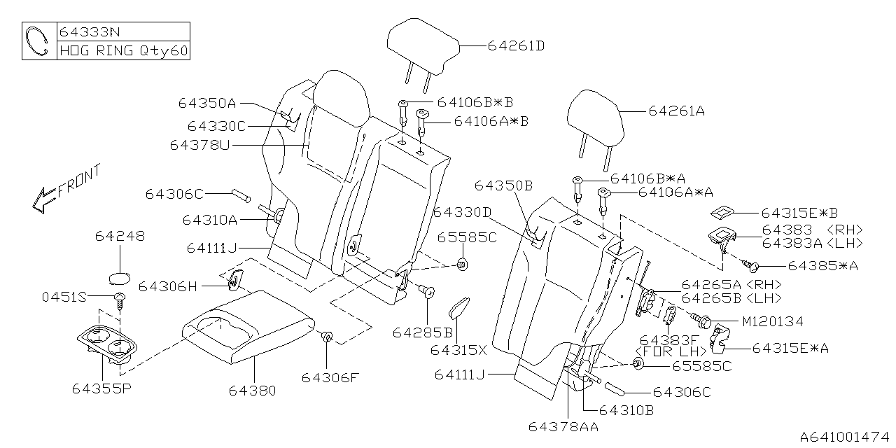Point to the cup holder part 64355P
(x=108, y=342)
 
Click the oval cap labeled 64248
(x=121, y=275)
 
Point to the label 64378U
(x=199, y=146)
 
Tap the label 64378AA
(x=563, y=426)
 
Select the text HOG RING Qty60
(x=123, y=51)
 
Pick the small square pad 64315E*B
(x=722, y=213)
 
